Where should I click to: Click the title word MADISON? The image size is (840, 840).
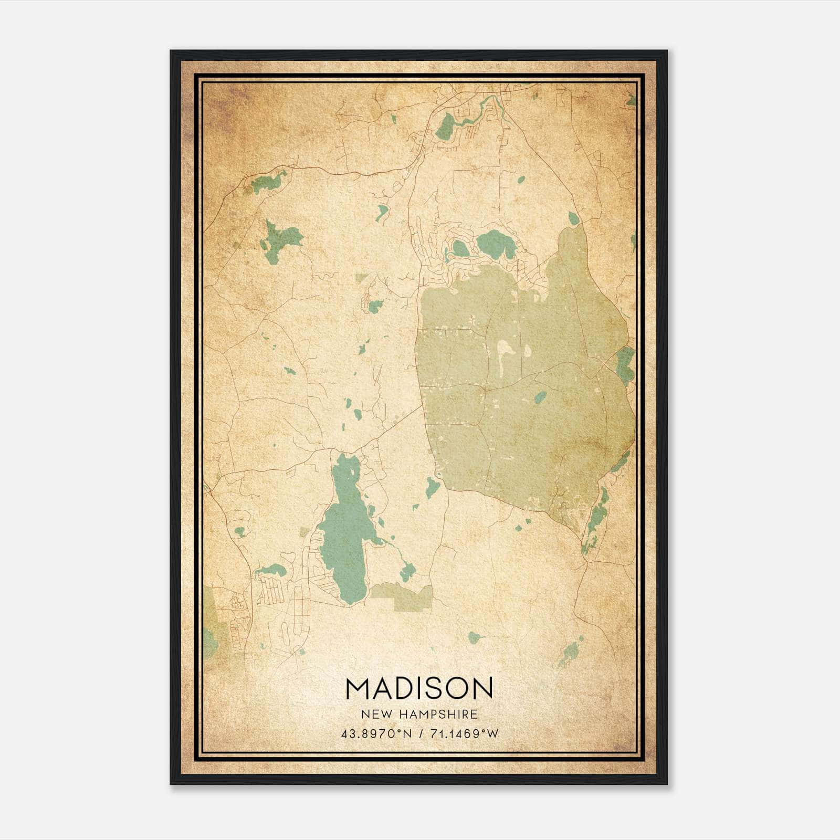[x=419, y=689]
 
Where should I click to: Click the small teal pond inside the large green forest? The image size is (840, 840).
[x=540, y=397]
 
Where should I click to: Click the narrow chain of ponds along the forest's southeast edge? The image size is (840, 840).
[x=596, y=520]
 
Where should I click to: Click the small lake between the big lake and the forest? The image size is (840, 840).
[x=432, y=488]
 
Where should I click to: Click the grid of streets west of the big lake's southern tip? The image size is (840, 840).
[x=271, y=591]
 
